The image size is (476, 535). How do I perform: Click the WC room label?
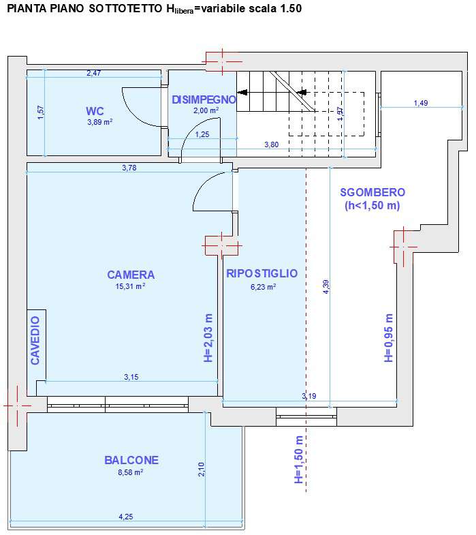pos(95,111)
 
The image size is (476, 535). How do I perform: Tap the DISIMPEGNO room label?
pos(204,100)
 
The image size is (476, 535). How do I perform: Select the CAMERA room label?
pos(131,275)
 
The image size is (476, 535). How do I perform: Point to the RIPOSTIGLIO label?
pos(262,273)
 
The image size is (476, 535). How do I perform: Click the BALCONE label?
pos(131,460)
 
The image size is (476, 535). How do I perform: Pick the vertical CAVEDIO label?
pos(35,340)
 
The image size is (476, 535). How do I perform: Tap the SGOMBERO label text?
pos(372,192)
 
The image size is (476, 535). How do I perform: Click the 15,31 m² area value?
pos(130,286)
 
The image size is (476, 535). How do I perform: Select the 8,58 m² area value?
pos(130,472)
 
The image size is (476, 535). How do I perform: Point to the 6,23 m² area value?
pos(264,287)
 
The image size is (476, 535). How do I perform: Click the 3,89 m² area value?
pos(100,122)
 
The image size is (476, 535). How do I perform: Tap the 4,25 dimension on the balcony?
pos(126,517)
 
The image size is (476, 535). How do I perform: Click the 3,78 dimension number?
pos(129,168)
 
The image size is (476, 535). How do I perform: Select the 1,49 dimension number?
pos(421,103)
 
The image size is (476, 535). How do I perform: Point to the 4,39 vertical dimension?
pos(326,287)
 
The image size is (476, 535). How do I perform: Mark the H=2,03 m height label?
pos(208,338)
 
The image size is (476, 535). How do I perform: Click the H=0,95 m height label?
pos(388,338)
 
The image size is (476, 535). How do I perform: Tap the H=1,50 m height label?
pos(298,459)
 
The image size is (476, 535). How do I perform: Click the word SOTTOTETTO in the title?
pos(125,9)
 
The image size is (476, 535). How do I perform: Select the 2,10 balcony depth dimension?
pos(201,469)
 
